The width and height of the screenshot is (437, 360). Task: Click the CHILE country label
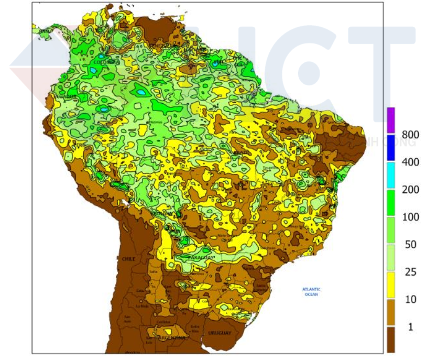[129, 259]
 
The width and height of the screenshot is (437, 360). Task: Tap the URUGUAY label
[219, 333]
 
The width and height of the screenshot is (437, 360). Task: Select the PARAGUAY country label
[201, 258]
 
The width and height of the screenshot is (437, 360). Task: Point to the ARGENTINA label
[172, 339]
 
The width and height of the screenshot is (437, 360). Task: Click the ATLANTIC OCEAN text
[311, 292]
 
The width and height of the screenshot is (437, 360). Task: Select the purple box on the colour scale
[391, 120]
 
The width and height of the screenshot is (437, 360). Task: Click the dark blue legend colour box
[391, 148]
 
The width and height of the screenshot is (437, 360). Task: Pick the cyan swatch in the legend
[391, 175]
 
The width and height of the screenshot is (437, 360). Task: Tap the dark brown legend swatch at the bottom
[391, 339]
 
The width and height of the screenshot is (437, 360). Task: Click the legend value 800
[410, 134]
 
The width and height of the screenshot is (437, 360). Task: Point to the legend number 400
[410, 162]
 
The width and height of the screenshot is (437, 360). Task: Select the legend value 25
[410, 272]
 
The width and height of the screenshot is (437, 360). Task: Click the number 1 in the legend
[410, 327]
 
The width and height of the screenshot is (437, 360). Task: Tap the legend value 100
[410, 217]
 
